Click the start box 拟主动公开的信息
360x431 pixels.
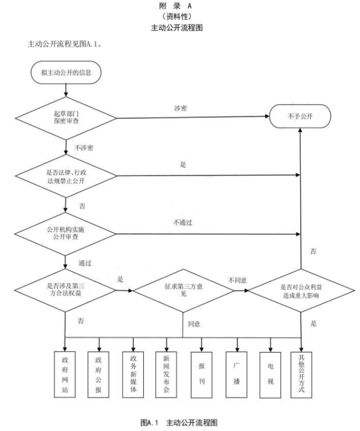pyautogui.click(x=67, y=72)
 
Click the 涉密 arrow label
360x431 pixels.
pyautogui.click(x=180, y=109)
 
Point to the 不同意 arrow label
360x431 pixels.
pyautogui.click(x=237, y=280)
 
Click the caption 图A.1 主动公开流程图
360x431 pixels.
pyautogui.click(x=180, y=422)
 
